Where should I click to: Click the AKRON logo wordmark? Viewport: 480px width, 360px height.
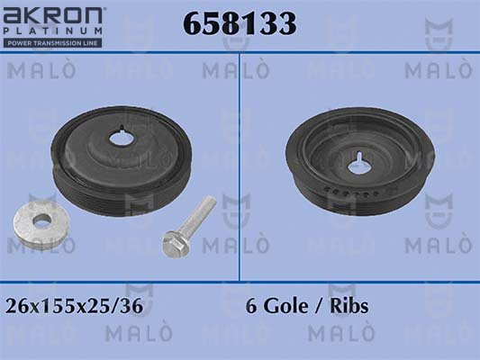pyautogui.click(x=52, y=15)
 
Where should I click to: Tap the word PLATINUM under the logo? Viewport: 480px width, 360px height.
pyautogui.click(x=52, y=31)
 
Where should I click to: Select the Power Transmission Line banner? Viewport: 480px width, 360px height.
pyautogui.click(x=52, y=43)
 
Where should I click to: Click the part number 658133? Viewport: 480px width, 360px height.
pyautogui.click(x=240, y=23)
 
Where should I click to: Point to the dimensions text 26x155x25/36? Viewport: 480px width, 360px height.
pyautogui.click(x=75, y=306)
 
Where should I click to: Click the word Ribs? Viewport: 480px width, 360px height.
pyautogui.click(x=349, y=306)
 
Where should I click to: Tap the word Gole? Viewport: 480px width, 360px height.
pyautogui.click(x=285, y=306)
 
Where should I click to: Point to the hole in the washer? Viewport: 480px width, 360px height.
pyautogui.click(x=42, y=220)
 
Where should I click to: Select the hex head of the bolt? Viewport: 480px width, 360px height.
pyautogui.click(x=173, y=244)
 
